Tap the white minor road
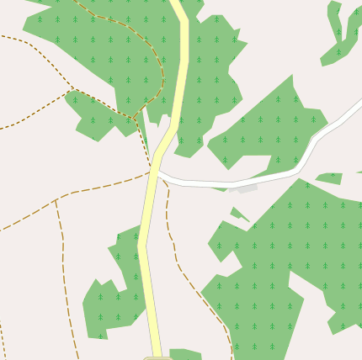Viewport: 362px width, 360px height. point(253,180)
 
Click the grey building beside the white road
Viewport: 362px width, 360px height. point(244,189)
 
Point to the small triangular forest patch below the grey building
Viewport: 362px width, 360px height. point(240,215)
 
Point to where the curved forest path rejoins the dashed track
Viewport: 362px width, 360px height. point(135,116)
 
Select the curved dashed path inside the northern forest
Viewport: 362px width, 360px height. point(152,50)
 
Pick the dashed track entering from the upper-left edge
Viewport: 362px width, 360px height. point(34,46)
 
